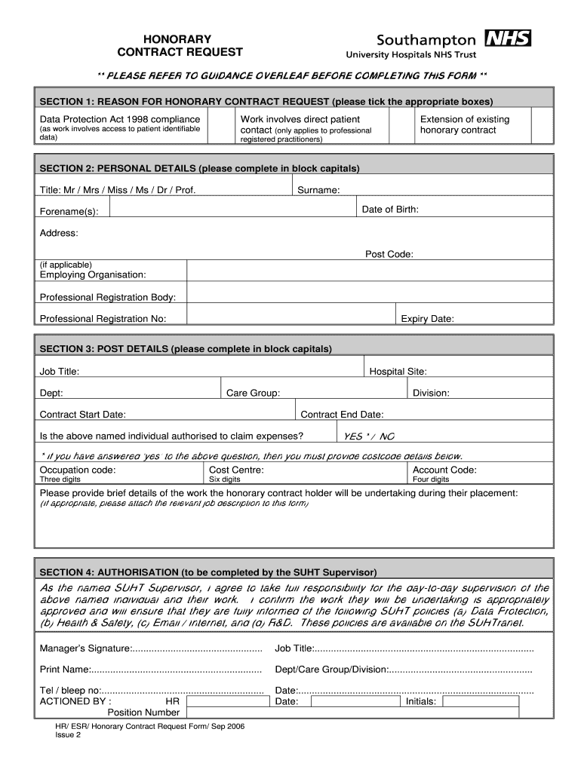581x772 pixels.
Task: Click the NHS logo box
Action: tap(508, 38)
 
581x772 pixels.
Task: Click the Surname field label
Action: tap(318, 190)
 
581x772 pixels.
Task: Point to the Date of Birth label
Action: tap(390, 210)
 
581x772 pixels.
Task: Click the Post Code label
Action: tap(389, 255)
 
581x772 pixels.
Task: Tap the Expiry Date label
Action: tap(427, 319)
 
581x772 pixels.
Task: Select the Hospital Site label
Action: tap(398, 372)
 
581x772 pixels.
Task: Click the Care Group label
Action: tap(253, 394)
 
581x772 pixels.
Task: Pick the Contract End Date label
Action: tap(342, 415)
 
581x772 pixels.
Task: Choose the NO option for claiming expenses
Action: tap(386, 437)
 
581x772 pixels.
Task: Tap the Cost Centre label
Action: tap(236, 470)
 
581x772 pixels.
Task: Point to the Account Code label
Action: tap(444, 470)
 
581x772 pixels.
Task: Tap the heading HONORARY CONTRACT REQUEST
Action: tap(180, 45)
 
